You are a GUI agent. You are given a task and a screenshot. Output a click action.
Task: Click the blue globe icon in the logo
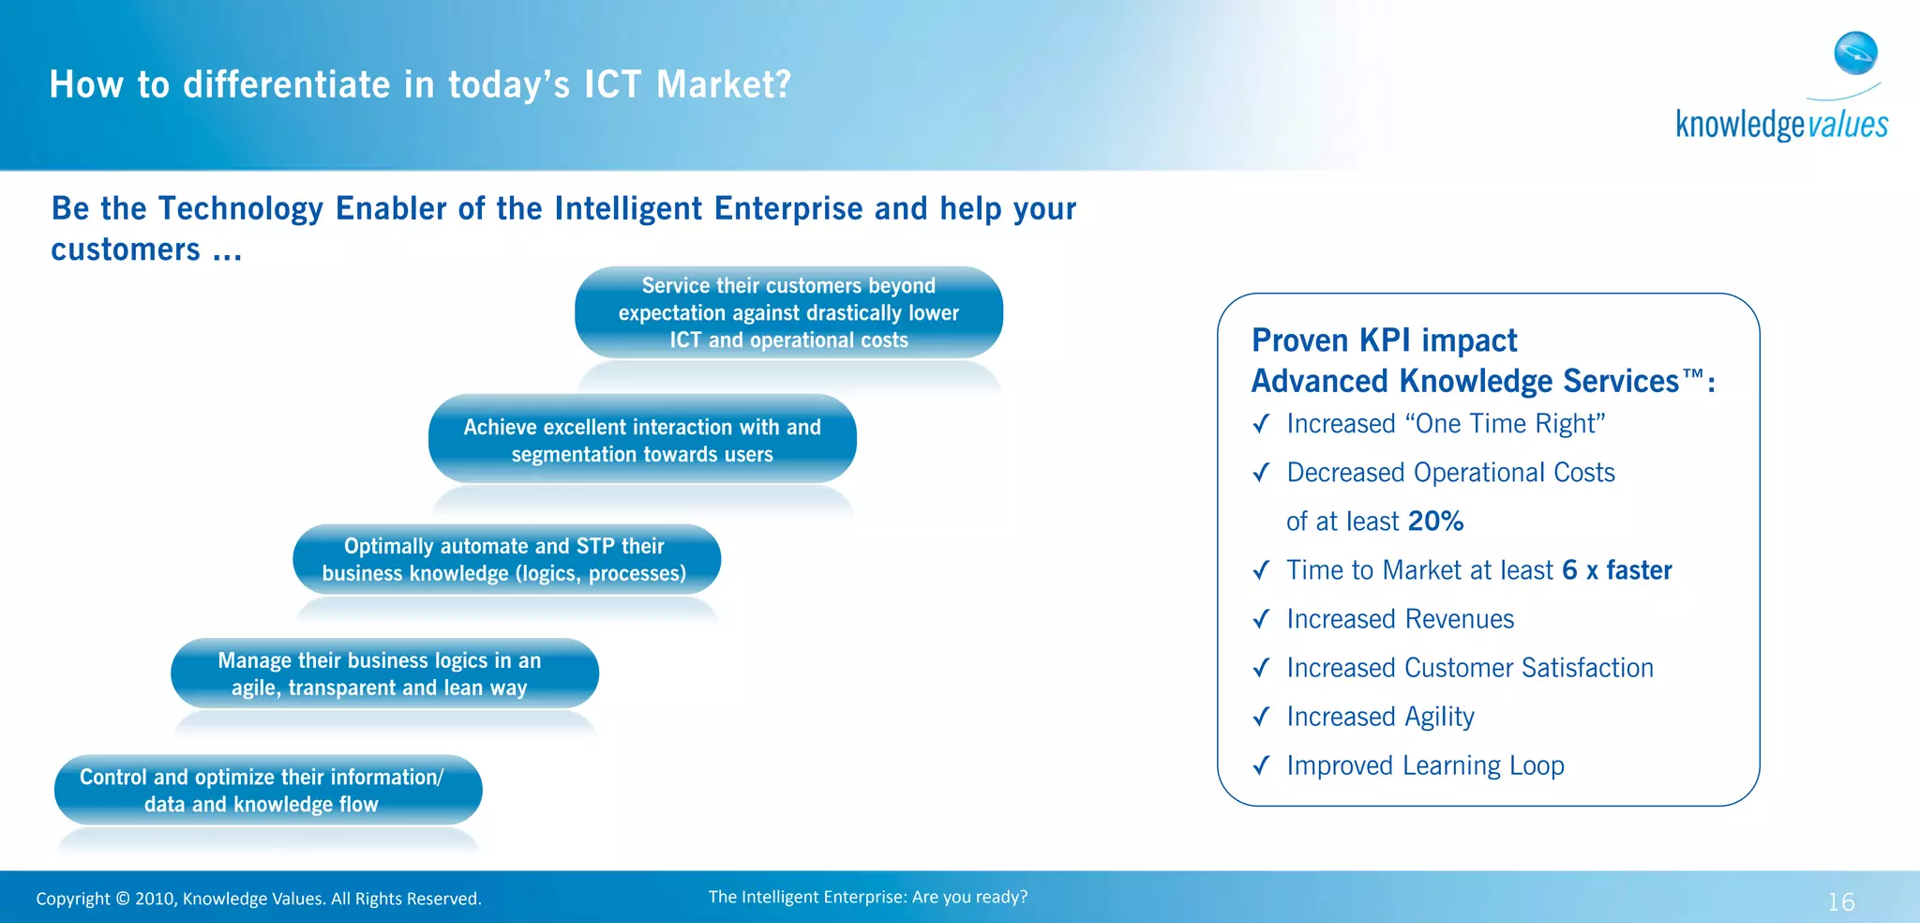coord(1855,53)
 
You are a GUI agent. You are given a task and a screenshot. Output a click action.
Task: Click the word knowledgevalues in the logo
coord(1781,125)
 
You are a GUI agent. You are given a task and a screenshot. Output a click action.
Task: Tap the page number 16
coord(1840,901)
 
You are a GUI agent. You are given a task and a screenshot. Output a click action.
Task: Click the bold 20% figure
coord(1435,522)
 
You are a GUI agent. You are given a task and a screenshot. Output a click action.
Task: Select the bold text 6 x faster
coord(1616,570)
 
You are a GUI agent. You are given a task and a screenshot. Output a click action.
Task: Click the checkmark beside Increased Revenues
coord(1262,619)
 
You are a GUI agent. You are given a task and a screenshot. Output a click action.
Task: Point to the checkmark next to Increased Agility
coord(1262,717)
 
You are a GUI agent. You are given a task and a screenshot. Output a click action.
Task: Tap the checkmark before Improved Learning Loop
coord(1262,765)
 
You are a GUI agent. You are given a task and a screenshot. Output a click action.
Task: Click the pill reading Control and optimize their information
coord(268,790)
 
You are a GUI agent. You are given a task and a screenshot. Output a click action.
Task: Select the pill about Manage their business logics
coord(384,673)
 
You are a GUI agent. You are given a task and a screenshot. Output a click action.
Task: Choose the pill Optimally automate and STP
coord(506,559)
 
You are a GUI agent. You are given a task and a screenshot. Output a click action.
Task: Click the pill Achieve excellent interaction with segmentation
coord(642,440)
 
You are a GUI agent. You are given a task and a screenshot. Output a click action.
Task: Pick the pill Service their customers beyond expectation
coord(788,312)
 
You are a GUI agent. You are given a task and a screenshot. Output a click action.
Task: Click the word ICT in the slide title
coord(613,84)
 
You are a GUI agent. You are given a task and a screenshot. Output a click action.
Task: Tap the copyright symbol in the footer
coord(123,899)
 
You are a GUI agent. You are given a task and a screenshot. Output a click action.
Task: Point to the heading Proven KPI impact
coord(1384,340)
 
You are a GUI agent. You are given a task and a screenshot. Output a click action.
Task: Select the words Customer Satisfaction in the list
coord(1528,668)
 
